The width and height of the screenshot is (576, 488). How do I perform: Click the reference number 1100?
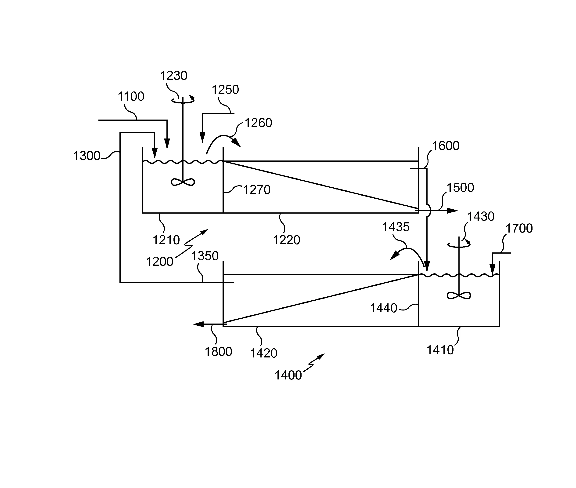(131, 97)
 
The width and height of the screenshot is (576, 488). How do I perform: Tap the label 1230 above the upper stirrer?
(174, 76)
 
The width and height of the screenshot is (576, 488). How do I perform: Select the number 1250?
(225, 90)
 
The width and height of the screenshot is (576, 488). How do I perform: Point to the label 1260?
(258, 123)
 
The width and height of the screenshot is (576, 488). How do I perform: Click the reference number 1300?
(86, 156)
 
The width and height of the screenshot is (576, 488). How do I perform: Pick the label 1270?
(257, 190)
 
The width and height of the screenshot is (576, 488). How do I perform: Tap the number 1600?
(446, 146)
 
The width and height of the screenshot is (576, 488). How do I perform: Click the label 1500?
(461, 188)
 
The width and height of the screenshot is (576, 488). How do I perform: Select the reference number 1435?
(396, 227)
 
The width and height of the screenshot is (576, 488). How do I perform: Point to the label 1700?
(519, 229)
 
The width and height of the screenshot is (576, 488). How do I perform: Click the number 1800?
(218, 352)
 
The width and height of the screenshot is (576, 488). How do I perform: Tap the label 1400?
(288, 375)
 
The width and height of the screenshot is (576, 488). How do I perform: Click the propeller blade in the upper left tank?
(183, 182)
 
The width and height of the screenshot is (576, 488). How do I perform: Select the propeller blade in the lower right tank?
(459, 296)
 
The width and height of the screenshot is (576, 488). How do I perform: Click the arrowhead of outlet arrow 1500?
(452, 211)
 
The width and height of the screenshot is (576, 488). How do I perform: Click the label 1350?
(205, 256)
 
